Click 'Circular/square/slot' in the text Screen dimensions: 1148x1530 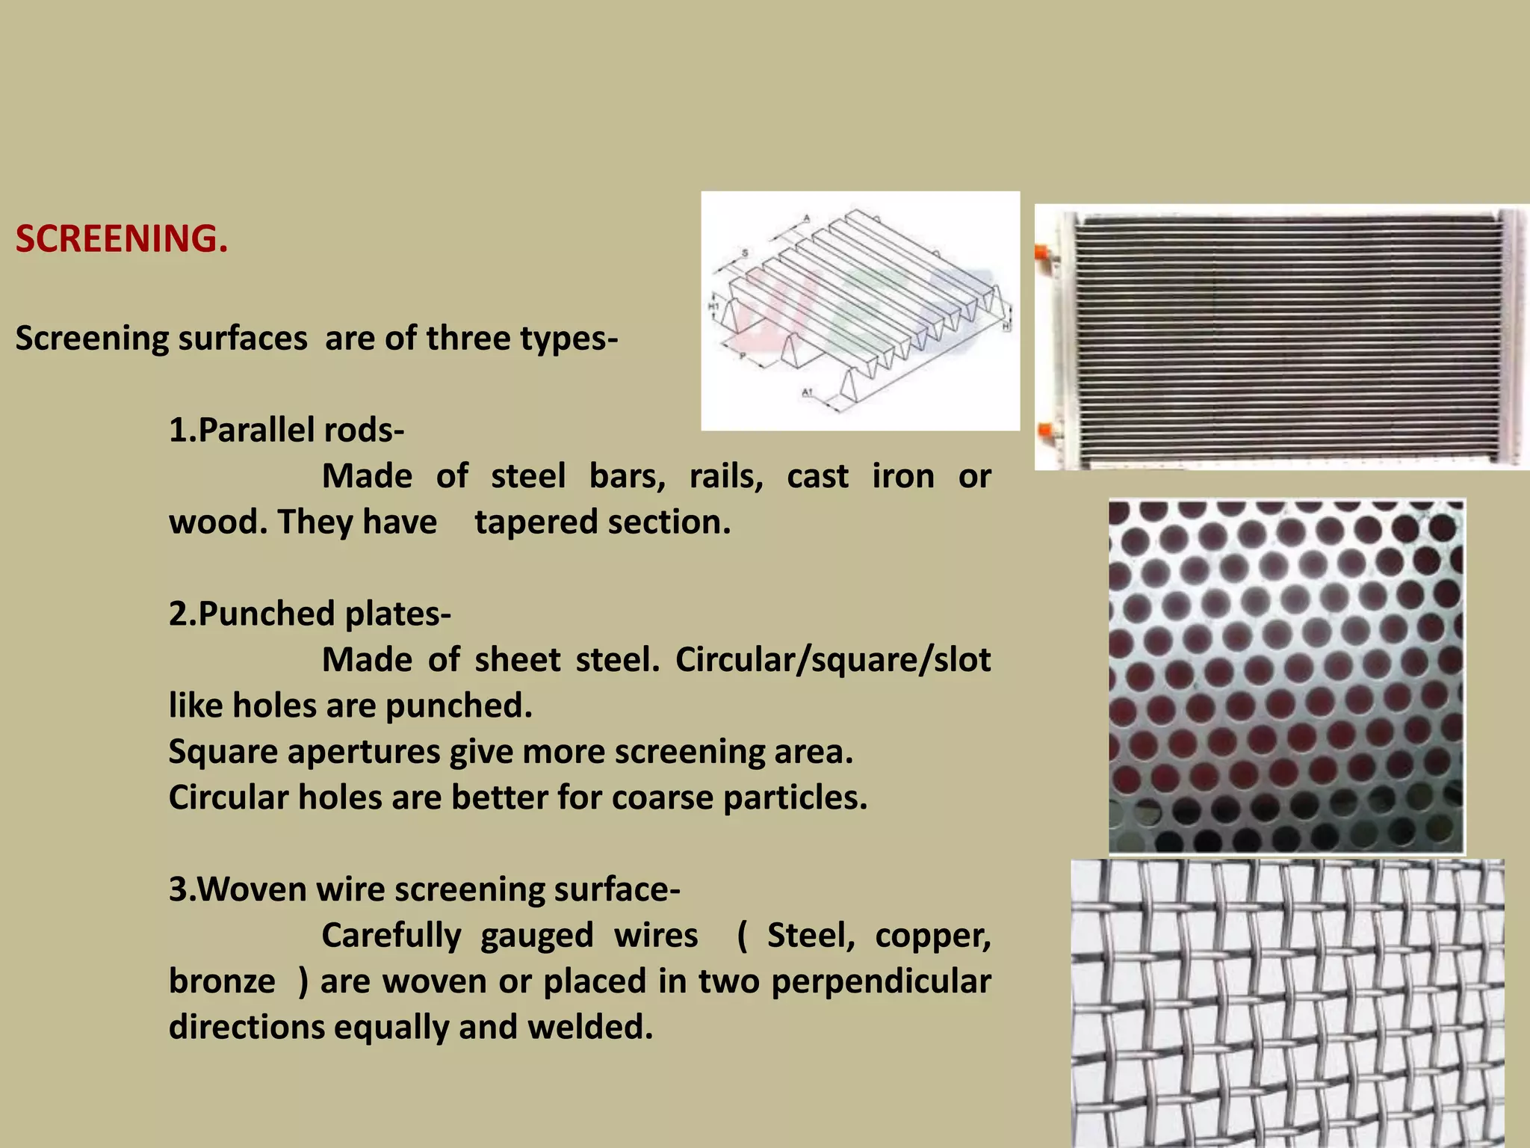(832, 660)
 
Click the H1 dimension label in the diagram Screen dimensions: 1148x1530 (713, 306)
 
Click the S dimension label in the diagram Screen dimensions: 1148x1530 (745, 253)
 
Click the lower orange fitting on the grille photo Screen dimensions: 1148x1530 (1044, 431)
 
